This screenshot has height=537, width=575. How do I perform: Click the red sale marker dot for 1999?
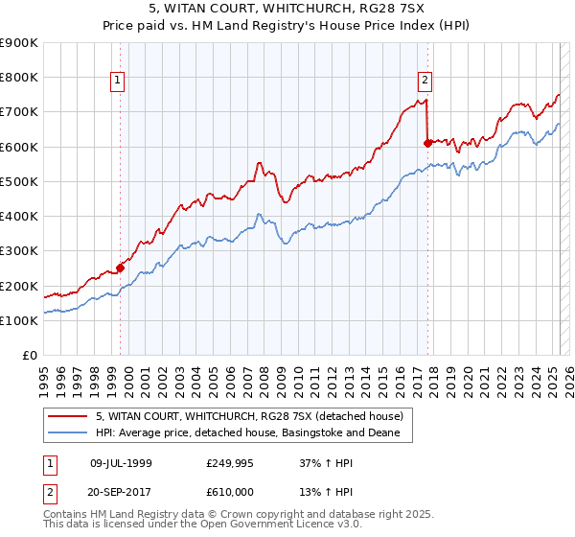pyautogui.click(x=121, y=268)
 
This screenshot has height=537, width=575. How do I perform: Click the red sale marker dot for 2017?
pyautogui.click(x=427, y=143)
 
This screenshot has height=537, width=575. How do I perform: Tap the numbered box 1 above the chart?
pyautogui.click(x=117, y=81)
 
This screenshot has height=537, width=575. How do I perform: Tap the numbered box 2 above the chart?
pyautogui.click(x=424, y=81)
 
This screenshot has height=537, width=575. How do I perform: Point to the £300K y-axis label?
pyautogui.click(x=19, y=251)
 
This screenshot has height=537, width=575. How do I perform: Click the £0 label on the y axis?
pyautogui.click(x=29, y=356)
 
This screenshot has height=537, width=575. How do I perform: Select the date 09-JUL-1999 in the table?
pyautogui.click(x=121, y=462)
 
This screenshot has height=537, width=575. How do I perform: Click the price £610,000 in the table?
pyautogui.click(x=230, y=489)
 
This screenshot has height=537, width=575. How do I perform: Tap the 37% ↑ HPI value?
pyautogui.click(x=312, y=462)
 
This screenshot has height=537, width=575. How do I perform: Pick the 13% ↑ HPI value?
pyautogui.click(x=312, y=489)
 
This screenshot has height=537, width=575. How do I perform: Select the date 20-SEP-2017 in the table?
pyautogui.click(x=121, y=489)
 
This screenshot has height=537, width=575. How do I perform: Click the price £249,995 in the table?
pyautogui.click(x=230, y=462)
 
